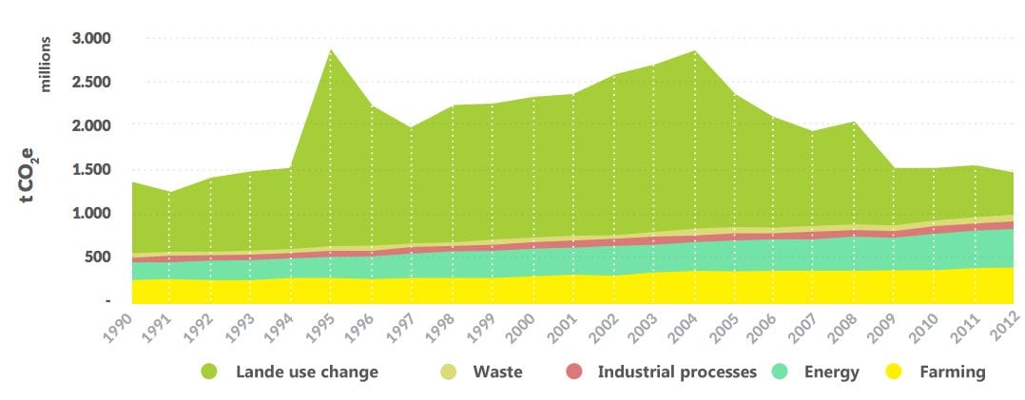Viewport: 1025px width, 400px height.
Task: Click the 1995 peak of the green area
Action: [331, 49]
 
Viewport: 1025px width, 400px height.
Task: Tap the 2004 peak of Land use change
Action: [694, 51]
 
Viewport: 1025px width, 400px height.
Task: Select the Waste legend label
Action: [497, 371]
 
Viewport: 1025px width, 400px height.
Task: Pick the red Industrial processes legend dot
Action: [573, 371]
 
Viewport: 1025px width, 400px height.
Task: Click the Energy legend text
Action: [831, 372]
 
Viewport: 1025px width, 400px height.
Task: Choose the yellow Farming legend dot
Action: [892, 371]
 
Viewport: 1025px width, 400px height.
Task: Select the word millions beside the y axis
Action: [45, 64]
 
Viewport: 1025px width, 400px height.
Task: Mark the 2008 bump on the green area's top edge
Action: [856, 123]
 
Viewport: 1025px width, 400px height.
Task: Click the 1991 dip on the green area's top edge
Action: [168, 192]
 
